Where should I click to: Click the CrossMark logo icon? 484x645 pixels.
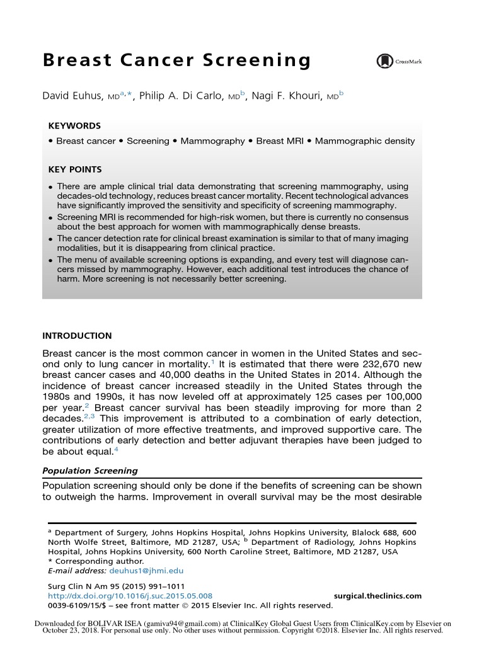coord(383,61)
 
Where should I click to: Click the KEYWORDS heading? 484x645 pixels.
coord(74,126)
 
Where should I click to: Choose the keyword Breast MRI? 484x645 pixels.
coord(282,141)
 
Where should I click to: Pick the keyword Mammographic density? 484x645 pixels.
coord(365,141)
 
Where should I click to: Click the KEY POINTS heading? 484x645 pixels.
coord(75,169)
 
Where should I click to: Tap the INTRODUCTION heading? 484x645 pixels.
coord(77,336)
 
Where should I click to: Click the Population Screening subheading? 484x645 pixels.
coord(89,471)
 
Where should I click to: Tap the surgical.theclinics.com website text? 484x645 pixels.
coord(376,596)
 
